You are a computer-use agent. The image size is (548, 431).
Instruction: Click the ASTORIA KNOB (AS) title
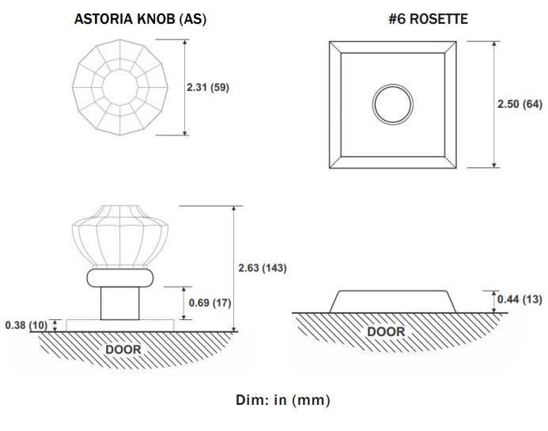[x=140, y=19]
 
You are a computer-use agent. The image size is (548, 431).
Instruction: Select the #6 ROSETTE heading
[x=428, y=19]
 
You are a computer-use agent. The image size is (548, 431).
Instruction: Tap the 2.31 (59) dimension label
[x=208, y=87]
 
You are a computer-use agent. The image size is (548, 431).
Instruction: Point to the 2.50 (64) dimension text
[x=520, y=104]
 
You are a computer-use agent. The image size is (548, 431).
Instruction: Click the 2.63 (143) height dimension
[x=263, y=268]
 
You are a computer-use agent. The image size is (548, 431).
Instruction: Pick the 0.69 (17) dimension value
[x=210, y=303]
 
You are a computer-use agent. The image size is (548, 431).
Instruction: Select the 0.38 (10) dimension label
[x=26, y=326]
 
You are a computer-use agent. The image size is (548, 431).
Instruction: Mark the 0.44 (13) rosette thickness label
[x=520, y=299]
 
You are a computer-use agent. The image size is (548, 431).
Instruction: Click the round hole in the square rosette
[x=393, y=105]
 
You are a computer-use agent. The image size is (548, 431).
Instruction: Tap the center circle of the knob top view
[x=120, y=87]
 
